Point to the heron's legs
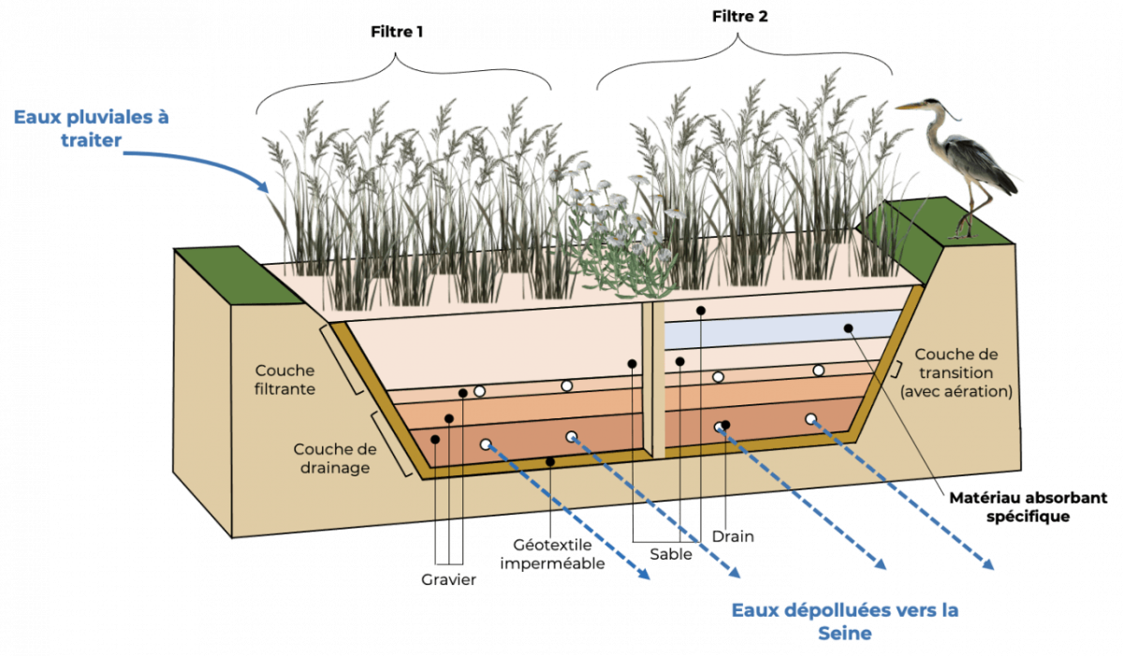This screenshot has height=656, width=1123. click(973, 211)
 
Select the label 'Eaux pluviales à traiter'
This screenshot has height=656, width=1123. click(92, 127)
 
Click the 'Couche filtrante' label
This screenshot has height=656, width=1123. click(284, 379)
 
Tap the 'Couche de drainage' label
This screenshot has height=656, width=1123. click(328, 459)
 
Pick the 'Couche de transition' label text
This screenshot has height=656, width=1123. click(955, 373)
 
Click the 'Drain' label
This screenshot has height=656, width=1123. click(733, 536)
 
